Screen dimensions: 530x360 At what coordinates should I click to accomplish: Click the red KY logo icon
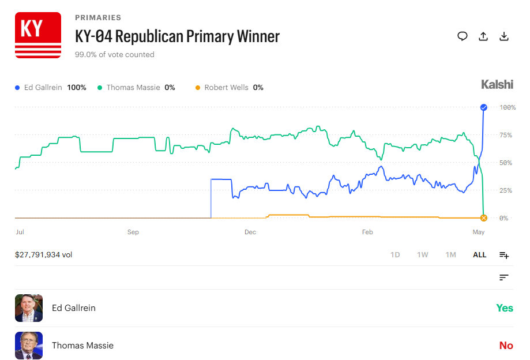click(x=38, y=35)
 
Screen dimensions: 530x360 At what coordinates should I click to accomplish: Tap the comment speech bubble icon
click(x=463, y=36)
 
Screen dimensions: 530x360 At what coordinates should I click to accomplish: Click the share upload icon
click(x=483, y=36)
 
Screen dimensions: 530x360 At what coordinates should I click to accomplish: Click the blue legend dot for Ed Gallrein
click(x=17, y=88)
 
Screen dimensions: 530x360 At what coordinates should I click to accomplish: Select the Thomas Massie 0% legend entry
click(x=136, y=88)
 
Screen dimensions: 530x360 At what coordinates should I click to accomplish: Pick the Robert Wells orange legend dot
click(x=198, y=88)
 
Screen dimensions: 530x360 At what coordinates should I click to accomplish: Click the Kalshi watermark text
click(x=497, y=84)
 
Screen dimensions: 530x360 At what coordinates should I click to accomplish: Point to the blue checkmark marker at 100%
click(x=484, y=107)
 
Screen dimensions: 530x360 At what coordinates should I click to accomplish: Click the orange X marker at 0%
click(x=484, y=218)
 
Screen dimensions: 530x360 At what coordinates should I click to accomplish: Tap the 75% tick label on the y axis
click(x=506, y=135)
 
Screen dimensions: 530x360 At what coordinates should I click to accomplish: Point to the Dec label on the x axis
click(x=250, y=232)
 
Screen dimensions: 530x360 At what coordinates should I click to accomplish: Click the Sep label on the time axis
click(x=133, y=232)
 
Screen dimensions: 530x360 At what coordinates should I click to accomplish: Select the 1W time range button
click(x=423, y=255)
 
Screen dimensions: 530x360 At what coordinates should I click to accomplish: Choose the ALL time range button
click(x=479, y=255)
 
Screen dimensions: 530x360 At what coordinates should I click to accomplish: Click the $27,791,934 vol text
click(x=44, y=255)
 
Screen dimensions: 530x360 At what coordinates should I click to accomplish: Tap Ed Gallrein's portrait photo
click(x=29, y=308)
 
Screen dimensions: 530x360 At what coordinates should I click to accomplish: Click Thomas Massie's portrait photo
click(x=29, y=346)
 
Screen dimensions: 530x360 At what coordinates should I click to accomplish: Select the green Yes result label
click(x=504, y=308)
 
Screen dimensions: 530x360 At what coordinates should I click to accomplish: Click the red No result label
click(x=506, y=346)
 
